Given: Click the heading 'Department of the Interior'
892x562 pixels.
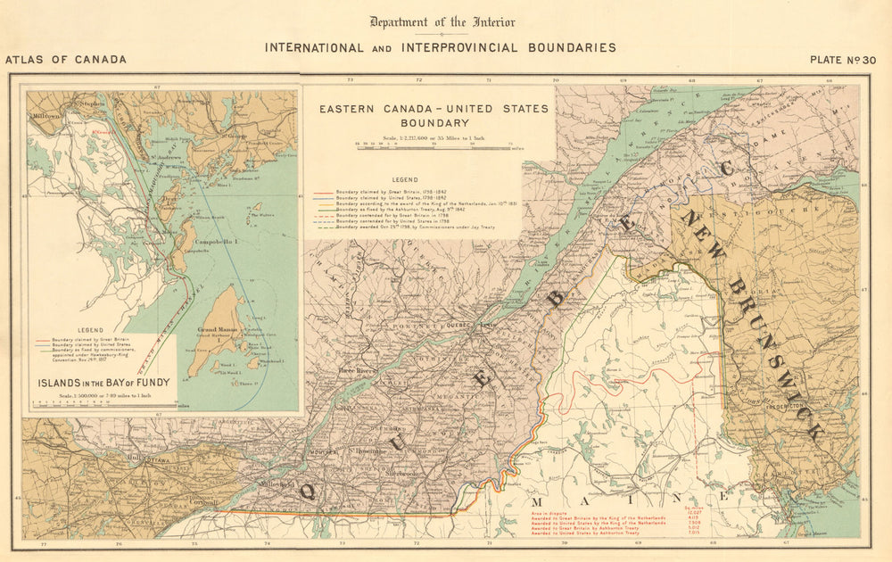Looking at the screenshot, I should (x=442, y=22).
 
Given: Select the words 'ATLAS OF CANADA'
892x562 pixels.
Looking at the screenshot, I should (x=66, y=61).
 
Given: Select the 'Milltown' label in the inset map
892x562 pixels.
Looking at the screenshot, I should (x=44, y=117).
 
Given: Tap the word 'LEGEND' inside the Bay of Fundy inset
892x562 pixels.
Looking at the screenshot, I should (x=92, y=329).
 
